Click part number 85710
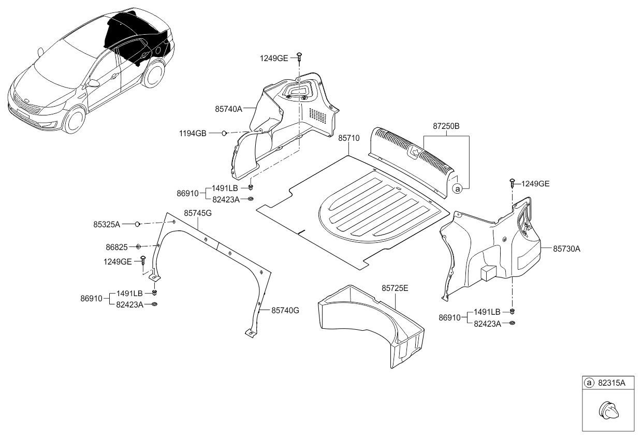(348, 139)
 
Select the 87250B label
(447, 126)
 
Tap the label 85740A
(229, 109)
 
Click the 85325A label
(107, 224)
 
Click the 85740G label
(285, 310)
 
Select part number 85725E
(395, 288)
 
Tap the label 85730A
(566, 248)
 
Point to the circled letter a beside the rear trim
(457, 189)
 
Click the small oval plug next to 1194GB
(224, 134)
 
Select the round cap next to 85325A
(137, 224)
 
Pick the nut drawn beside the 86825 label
(139, 247)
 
